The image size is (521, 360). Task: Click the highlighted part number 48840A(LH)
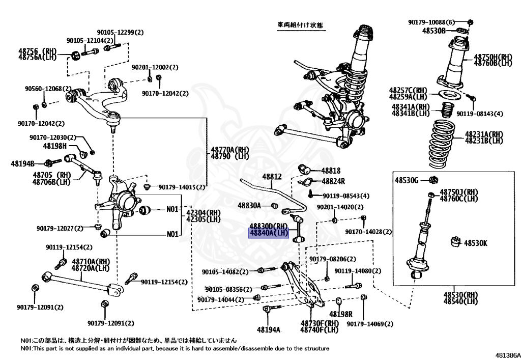coord(269,233)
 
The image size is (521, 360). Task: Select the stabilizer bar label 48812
coord(272,177)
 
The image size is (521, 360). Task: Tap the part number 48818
coord(331,171)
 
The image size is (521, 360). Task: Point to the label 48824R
coord(333,181)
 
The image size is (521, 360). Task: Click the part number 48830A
coord(249,205)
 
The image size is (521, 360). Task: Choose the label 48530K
coord(475,243)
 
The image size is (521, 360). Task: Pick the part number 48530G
coord(407,180)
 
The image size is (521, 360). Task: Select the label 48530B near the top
coord(433,31)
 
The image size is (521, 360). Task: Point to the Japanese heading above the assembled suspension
coord(300,24)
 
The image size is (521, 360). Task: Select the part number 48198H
coord(55,146)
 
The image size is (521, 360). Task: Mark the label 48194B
coord(23,163)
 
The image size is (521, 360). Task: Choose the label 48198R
coord(340,314)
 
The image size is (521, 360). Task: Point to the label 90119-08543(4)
coord(346,196)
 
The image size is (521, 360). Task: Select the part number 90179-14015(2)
coord(179,187)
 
